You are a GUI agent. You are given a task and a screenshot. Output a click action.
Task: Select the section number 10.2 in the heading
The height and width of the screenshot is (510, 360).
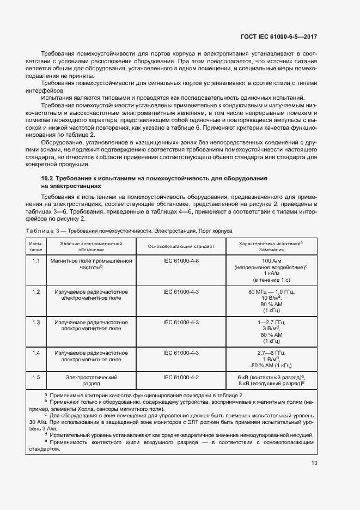[47, 179]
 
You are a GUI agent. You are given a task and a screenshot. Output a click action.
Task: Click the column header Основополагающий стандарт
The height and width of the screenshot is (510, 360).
[181, 246]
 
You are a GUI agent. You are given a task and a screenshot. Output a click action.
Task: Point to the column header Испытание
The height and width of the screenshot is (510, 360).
[36, 246]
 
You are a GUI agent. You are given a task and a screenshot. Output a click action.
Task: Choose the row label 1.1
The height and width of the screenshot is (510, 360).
[36, 261]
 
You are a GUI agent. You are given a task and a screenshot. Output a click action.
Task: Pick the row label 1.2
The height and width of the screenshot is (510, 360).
[36, 292]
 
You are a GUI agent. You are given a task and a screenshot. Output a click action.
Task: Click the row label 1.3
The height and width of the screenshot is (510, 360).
[36, 323]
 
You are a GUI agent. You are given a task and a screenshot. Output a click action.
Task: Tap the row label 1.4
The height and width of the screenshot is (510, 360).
[36, 353]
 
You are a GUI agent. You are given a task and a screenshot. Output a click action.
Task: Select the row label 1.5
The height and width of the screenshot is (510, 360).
[36, 377]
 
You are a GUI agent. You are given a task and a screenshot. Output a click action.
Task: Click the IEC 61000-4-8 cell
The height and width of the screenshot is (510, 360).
[181, 261]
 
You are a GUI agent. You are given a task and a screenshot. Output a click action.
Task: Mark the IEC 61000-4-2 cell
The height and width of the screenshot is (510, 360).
[181, 377]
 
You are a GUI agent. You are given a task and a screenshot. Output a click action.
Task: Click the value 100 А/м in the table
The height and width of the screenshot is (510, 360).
[271, 262]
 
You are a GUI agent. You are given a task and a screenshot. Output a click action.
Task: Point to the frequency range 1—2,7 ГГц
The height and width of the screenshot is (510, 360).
[271, 323]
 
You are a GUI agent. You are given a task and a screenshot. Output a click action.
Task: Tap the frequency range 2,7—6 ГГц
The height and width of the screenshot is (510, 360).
[271, 353]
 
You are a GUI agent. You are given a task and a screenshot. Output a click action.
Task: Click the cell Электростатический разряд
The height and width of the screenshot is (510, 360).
[91, 380]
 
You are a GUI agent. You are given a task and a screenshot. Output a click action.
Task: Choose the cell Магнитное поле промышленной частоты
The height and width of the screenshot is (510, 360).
[91, 264]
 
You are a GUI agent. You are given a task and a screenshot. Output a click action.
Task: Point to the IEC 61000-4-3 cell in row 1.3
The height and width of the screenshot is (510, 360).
[181, 323]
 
